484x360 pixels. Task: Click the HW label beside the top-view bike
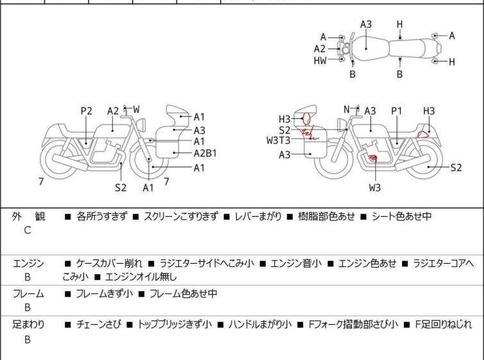coord(320,61)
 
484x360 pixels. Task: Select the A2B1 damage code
coord(205,153)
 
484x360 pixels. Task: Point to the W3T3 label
coord(278,141)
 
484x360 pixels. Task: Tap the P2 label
coord(87,111)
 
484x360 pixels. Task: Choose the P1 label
coord(397,111)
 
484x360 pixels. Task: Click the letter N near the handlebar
coord(347,109)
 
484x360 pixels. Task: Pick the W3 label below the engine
coord(375,187)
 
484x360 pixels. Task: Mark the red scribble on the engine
coord(373,159)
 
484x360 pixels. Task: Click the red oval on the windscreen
coord(306,118)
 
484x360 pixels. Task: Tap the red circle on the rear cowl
coord(423,134)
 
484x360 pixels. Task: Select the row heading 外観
coord(28,216)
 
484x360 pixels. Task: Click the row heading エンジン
coord(28,264)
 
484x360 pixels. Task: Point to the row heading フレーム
coord(28,293)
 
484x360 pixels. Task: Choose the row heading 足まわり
coord(28,325)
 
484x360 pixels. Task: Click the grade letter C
coord(28,230)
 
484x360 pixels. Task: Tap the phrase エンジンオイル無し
coord(141,277)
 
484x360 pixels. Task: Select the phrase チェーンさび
coord(98,325)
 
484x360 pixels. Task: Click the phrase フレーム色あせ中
coord(183,293)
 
